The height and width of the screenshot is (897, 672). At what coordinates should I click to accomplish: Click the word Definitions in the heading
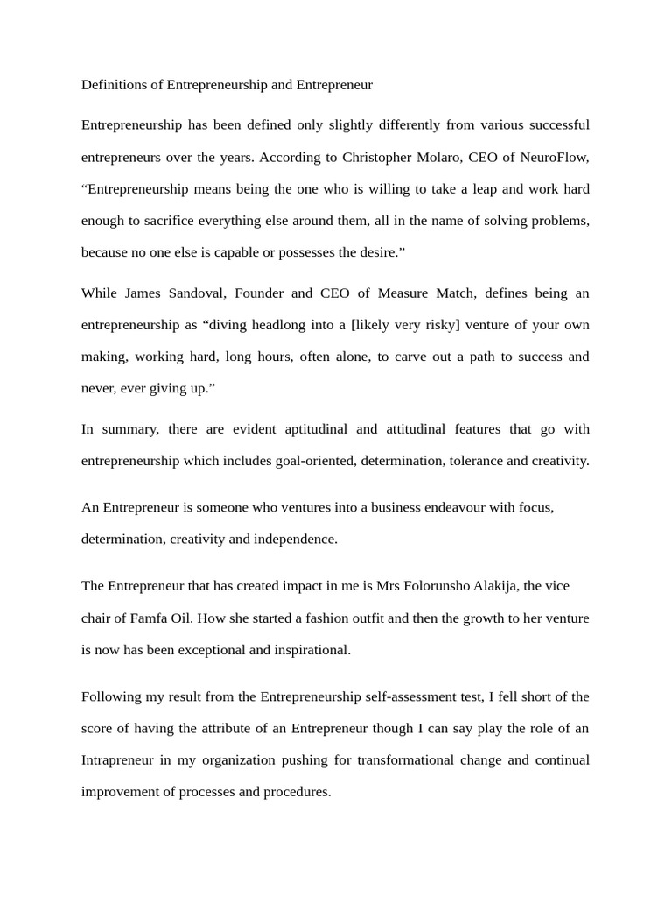pos(116,85)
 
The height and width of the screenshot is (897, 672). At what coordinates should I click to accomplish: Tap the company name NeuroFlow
pos(554,157)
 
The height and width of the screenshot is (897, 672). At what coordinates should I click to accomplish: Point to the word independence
pos(295,539)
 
